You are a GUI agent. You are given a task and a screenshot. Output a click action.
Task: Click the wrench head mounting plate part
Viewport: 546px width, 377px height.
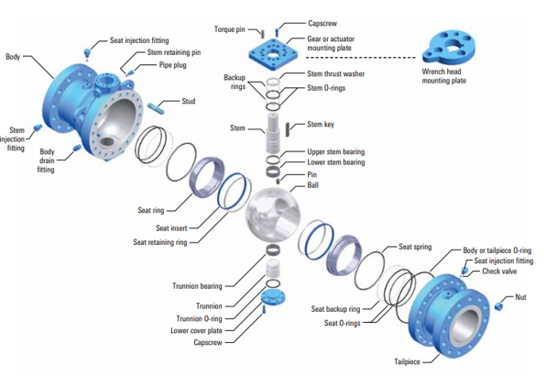click(448, 48)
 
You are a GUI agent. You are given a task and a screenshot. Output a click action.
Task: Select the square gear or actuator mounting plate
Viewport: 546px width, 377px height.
click(274, 53)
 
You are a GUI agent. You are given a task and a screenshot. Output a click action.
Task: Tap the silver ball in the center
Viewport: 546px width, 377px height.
click(273, 214)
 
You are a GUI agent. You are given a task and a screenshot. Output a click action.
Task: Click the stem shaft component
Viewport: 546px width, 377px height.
click(273, 133)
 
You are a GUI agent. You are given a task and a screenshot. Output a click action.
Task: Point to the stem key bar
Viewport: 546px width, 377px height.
click(288, 128)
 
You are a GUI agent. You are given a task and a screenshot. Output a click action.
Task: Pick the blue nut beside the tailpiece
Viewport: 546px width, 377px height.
click(499, 305)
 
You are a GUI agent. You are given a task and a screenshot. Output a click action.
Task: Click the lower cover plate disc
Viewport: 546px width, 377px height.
click(273, 297)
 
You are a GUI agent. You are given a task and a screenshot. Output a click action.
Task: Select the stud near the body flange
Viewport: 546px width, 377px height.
click(156, 107)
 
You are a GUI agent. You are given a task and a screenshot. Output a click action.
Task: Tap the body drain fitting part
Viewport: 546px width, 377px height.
click(77, 148)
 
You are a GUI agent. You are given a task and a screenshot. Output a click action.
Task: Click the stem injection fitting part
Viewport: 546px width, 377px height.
click(38, 128)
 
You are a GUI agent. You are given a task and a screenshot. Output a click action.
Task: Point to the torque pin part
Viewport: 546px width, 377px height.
click(262, 34)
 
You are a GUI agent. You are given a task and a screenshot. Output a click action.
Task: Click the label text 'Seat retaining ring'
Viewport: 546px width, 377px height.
click(160, 242)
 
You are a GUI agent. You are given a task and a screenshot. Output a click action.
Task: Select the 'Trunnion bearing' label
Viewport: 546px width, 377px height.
click(197, 286)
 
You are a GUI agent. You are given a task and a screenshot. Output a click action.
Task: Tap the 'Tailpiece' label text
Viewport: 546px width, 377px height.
click(407, 361)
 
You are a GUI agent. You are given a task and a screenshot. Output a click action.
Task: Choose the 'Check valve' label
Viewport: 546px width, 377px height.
click(499, 271)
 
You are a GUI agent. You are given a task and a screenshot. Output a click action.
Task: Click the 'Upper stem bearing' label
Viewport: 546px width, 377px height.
click(335, 151)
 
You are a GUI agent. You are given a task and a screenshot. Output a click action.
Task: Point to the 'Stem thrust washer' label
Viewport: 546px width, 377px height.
click(335, 73)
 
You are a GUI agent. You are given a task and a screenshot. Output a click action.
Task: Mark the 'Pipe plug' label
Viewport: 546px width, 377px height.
click(173, 65)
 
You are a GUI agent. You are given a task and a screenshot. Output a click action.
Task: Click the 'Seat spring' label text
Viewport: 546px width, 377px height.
click(415, 247)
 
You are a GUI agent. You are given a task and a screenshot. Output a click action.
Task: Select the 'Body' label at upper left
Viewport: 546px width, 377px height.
click(13, 57)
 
